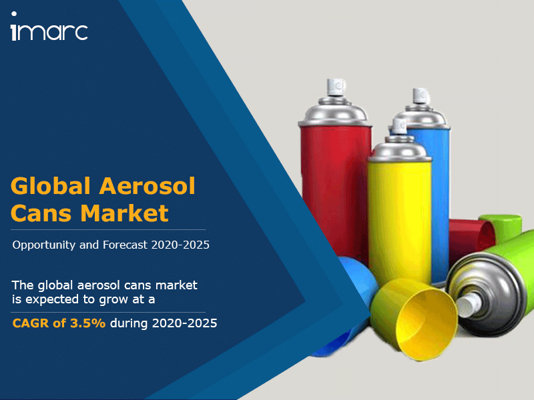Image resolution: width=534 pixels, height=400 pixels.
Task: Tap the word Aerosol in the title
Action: point(147,186)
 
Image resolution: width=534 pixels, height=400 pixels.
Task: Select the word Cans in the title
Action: point(41,213)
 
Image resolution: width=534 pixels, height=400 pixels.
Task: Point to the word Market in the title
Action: point(124,213)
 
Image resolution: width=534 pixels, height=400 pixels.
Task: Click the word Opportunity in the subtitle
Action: point(43,245)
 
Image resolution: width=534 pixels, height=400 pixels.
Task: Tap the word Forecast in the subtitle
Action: point(125,245)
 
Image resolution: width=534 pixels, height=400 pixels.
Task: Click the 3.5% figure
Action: point(88,323)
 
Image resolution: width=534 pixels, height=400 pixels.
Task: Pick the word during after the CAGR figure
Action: point(129,323)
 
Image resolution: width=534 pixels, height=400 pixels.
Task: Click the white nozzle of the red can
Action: point(336,87)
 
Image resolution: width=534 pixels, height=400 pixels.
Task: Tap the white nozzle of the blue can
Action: point(421,96)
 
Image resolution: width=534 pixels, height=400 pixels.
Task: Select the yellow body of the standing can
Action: point(399,221)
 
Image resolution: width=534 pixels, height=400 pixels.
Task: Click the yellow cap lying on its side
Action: point(415,318)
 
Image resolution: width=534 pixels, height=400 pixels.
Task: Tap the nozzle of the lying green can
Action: point(471,305)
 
